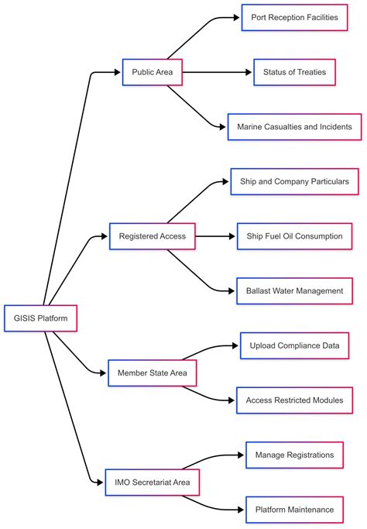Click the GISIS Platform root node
(x=40, y=318)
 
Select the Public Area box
(x=152, y=73)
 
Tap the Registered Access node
(x=152, y=236)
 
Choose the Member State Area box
(x=152, y=373)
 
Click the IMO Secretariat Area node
(x=152, y=483)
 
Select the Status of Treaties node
(x=294, y=73)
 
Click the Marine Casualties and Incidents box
(x=294, y=127)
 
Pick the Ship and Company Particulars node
(x=294, y=181)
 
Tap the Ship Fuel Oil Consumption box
(x=294, y=236)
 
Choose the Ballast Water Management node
(x=294, y=291)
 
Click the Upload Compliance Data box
(x=294, y=345)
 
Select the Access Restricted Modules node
(x=294, y=400)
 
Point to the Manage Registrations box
(x=294, y=455)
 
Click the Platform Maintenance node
(x=294, y=510)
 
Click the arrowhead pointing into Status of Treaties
(x=249, y=73)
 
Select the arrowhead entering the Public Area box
(x=118, y=73)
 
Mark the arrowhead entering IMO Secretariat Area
(x=100, y=483)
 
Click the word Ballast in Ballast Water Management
(x=257, y=291)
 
